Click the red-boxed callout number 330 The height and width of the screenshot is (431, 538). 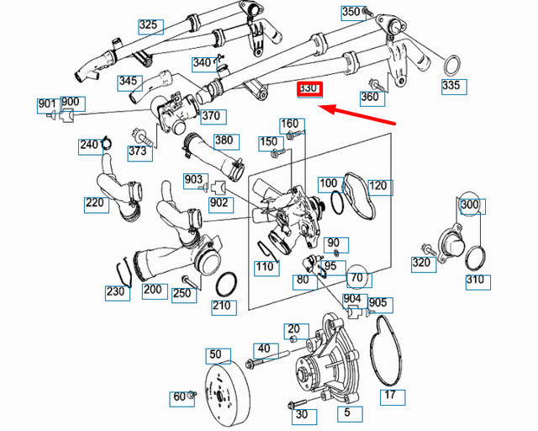point(309,88)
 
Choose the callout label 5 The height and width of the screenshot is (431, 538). point(347,414)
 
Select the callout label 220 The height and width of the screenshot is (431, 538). point(96,203)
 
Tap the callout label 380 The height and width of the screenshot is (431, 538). point(224,141)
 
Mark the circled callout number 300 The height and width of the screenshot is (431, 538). point(472,204)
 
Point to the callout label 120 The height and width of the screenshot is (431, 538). point(378,185)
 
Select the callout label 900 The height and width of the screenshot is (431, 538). point(71,103)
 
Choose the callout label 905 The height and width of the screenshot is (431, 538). point(378,303)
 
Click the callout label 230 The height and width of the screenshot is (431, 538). point(117,293)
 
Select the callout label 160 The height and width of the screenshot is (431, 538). point(289,124)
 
